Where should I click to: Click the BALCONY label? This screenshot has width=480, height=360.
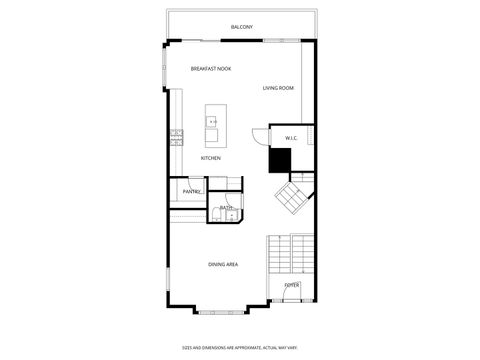[x=241, y=27]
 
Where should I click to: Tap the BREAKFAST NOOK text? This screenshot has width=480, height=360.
[x=210, y=69]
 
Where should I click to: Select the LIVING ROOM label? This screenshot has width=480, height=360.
[x=278, y=89]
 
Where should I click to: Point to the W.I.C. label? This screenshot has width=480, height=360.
[x=291, y=138]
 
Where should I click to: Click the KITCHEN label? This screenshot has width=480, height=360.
[x=210, y=158]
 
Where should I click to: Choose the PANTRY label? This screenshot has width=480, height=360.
[x=192, y=191]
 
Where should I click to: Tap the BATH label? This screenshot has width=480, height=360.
[x=226, y=208]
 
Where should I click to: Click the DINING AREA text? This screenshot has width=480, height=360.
[x=222, y=264]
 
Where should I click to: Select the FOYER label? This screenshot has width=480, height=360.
[x=291, y=286]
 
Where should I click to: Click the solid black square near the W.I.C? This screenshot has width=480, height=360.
[x=280, y=160]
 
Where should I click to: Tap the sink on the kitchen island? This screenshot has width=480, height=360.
[x=212, y=123]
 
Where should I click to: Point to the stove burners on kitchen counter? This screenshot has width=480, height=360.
[x=175, y=136]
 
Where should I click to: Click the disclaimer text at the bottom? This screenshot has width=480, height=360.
[x=240, y=348]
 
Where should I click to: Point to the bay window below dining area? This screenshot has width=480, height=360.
[x=218, y=310]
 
